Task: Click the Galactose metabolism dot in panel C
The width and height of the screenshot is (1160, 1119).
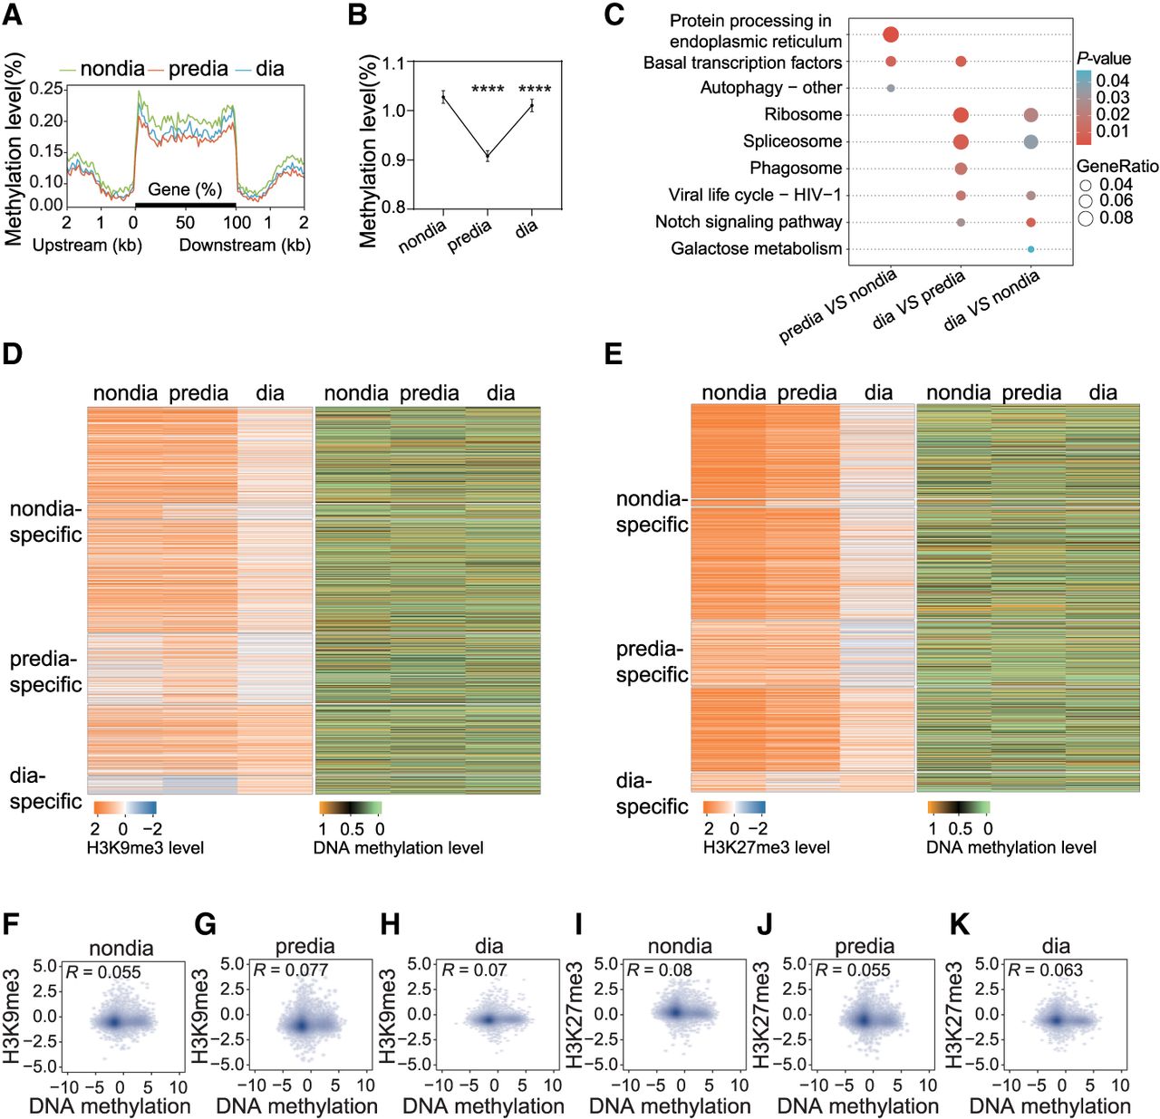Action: click(x=1030, y=249)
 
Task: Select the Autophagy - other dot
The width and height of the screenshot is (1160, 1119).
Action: click(x=891, y=88)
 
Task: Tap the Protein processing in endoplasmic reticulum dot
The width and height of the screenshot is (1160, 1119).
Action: click(x=891, y=34)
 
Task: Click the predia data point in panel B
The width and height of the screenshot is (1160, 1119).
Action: click(x=488, y=156)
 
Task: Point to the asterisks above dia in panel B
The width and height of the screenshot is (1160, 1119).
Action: click(x=535, y=90)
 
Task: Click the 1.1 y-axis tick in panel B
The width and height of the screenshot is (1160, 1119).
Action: click(x=393, y=63)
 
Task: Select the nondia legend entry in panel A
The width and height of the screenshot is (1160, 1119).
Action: click(x=102, y=69)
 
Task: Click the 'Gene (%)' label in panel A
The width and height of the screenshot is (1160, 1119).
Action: click(x=185, y=189)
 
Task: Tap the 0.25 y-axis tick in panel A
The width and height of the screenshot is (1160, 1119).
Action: click(x=46, y=89)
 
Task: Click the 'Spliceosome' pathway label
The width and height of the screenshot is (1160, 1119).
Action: click(x=792, y=141)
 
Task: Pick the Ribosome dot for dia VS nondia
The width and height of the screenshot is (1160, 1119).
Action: click(x=1030, y=115)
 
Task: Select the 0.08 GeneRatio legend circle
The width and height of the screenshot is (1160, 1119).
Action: click(x=1086, y=218)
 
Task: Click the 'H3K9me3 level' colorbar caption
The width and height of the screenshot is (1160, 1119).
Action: click(x=145, y=847)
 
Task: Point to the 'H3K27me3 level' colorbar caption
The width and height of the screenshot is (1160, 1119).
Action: click(x=766, y=846)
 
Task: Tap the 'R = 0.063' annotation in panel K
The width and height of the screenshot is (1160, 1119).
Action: click(x=1045, y=970)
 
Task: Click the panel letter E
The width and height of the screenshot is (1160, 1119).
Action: click(x=614, y=354)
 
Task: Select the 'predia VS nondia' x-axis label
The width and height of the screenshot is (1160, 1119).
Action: click(x=837, y=306)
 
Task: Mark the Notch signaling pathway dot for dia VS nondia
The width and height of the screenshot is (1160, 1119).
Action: click(x=1030, y=222)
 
